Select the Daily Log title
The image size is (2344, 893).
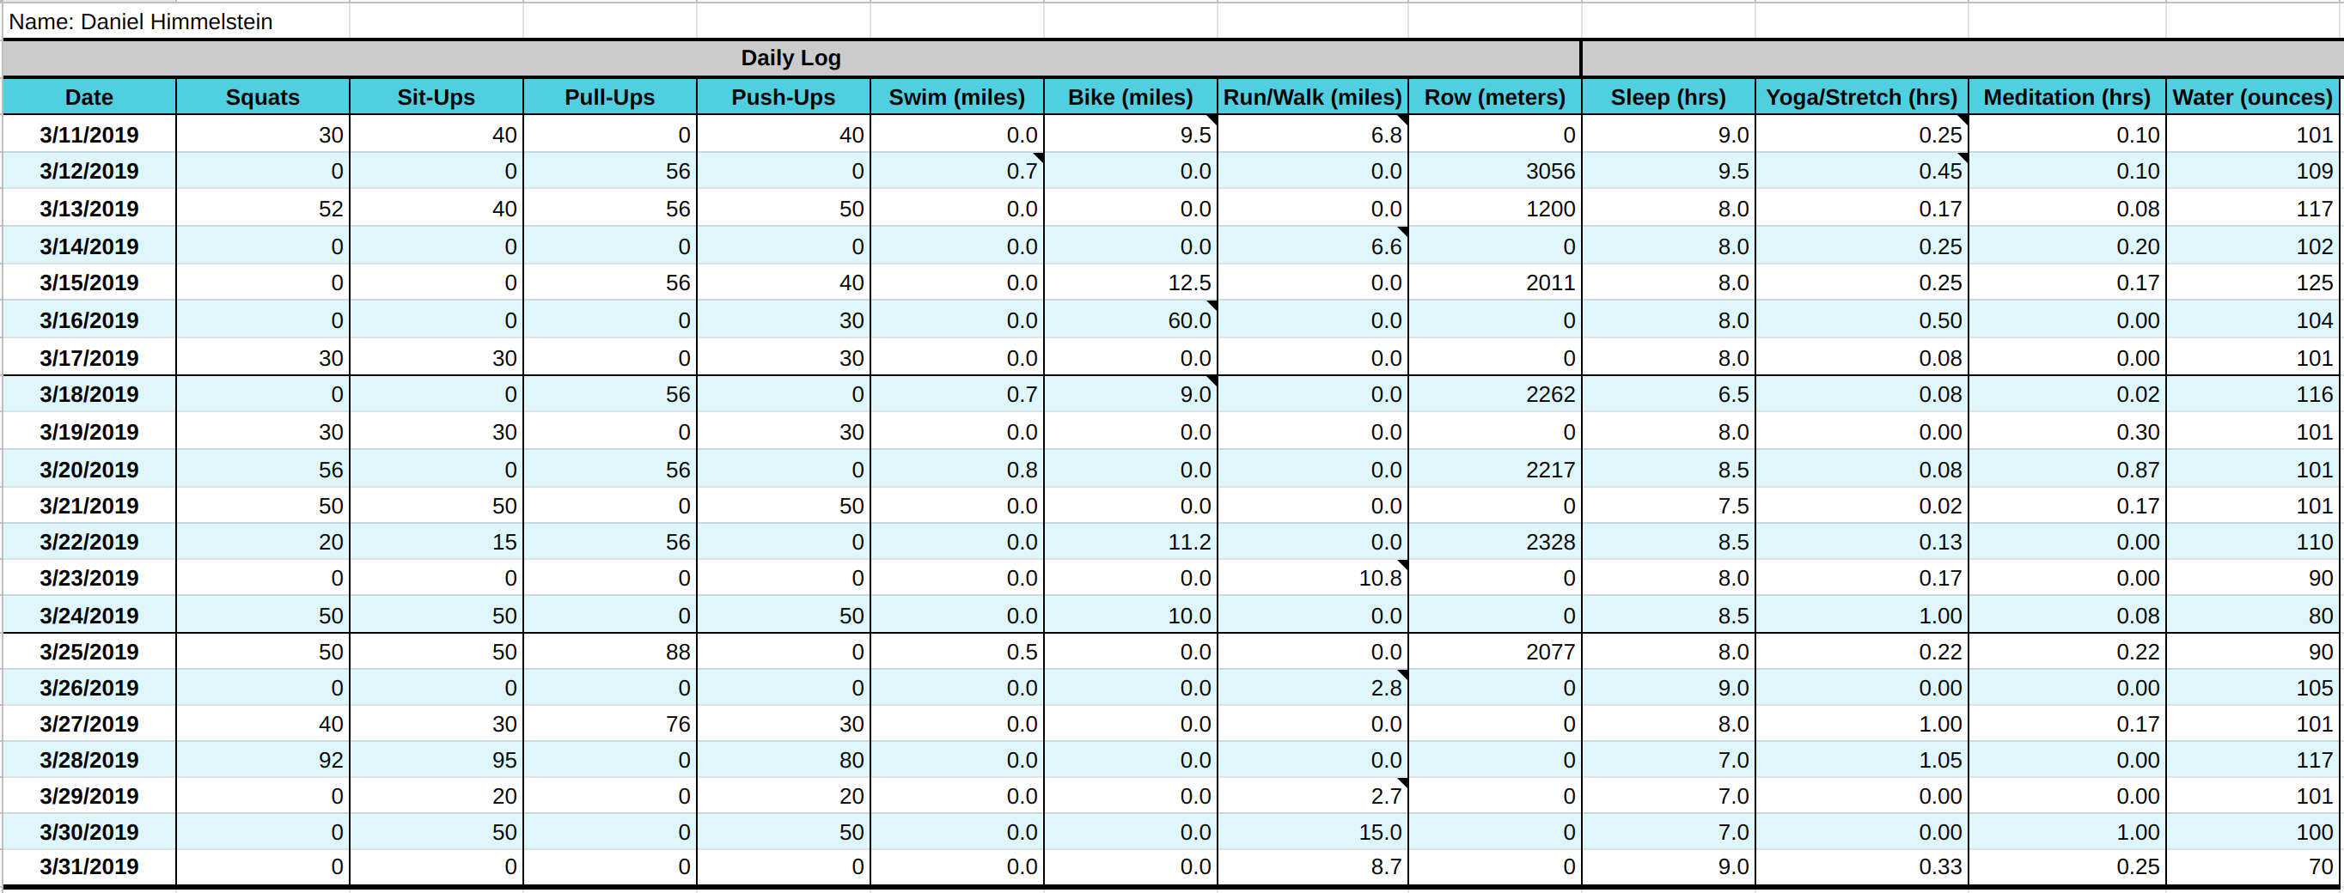point(790,58)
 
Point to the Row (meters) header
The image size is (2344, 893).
point(1494,97)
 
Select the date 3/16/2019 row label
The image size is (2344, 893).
point(89,320)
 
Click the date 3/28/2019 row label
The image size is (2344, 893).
point(89,760)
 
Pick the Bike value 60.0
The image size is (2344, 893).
point(1189,320)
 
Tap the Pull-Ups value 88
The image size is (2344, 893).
point(677,652)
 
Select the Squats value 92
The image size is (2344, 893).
point(330,760)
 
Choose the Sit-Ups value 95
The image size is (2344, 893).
point(504,760)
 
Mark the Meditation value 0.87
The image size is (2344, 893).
point(2137,471)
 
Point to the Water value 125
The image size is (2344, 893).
point(2313,282)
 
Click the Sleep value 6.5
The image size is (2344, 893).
point(1732,395)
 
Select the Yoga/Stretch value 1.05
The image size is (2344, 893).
point(1940,760)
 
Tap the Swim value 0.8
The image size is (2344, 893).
point(1021,471)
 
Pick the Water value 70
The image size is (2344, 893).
point(2319,866)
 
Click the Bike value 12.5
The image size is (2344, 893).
point(1189,282)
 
